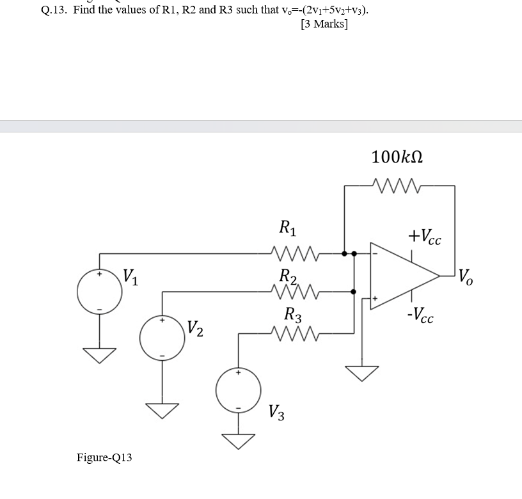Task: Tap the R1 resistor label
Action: click(x=288, y=227)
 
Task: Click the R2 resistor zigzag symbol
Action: click(x=292, y=292)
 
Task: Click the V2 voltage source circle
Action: click(x=162, y=338)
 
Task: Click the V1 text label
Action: click(x=130, y=278)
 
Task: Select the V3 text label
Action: click(x=276, y=412)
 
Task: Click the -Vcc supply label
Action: click(x=423, y=315)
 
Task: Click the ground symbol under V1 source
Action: click(x=99, y=356)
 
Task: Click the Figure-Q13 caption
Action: click(x=104, y=457)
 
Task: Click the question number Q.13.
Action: click(x=54, y=10)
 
